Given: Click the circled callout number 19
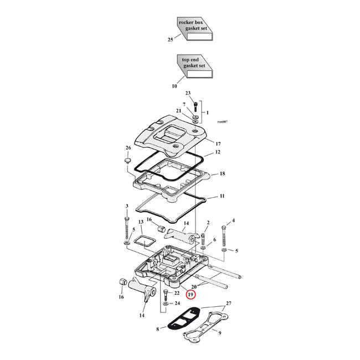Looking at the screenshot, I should [x=191, y=295].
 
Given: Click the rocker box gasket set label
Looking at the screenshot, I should [x=194, y=25].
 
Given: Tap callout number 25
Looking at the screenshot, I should [x=170, y=40].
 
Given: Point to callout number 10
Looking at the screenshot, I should [x=174, y=86].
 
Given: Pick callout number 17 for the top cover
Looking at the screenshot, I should [x=218, y=143].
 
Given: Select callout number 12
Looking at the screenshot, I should [x=218, y=152].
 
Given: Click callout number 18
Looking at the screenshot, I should [x=222, y=174].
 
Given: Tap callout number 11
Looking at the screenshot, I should [x=222, y=197].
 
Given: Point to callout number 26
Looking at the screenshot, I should [x=128, y=148].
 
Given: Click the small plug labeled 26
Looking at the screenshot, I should [x=126, y=161].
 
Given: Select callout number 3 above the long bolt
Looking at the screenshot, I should [x=127, y=207].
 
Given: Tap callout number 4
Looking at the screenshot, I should [x=233, y=221].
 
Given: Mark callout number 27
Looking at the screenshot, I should [x=229, y=304].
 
